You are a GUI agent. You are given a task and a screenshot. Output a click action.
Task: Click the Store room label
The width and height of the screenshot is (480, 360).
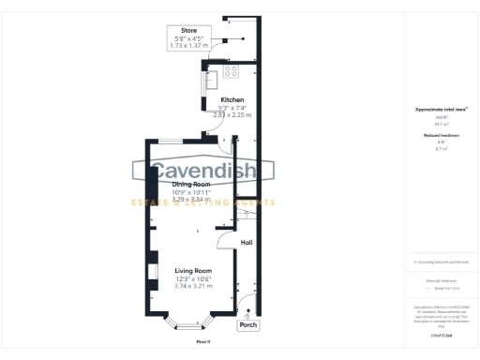pos(188,30)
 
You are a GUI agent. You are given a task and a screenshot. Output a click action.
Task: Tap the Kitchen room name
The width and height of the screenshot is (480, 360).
pos(232,99)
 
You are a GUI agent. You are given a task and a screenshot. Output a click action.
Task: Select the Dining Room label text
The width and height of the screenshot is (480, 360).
pos(191,185)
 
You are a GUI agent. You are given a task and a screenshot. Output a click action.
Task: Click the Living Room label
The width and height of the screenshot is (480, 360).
pos(193,270)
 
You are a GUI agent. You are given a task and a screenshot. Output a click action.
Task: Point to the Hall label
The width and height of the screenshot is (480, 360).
pos(247,243)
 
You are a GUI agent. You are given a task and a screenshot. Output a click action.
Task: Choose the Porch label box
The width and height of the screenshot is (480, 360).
pos(248,325)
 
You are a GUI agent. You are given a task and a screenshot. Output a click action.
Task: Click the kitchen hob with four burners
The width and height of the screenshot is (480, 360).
pos(232,70)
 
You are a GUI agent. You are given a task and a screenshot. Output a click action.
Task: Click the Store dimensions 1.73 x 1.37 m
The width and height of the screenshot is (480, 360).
pos(188,45)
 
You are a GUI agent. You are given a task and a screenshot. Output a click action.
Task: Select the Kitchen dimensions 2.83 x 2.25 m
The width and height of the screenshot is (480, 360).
pos(232,114)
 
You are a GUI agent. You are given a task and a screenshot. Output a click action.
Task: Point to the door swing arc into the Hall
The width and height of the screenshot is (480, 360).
pos(225,242)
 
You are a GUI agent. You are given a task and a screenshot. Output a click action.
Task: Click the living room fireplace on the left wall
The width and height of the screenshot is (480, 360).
pos(150,272)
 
